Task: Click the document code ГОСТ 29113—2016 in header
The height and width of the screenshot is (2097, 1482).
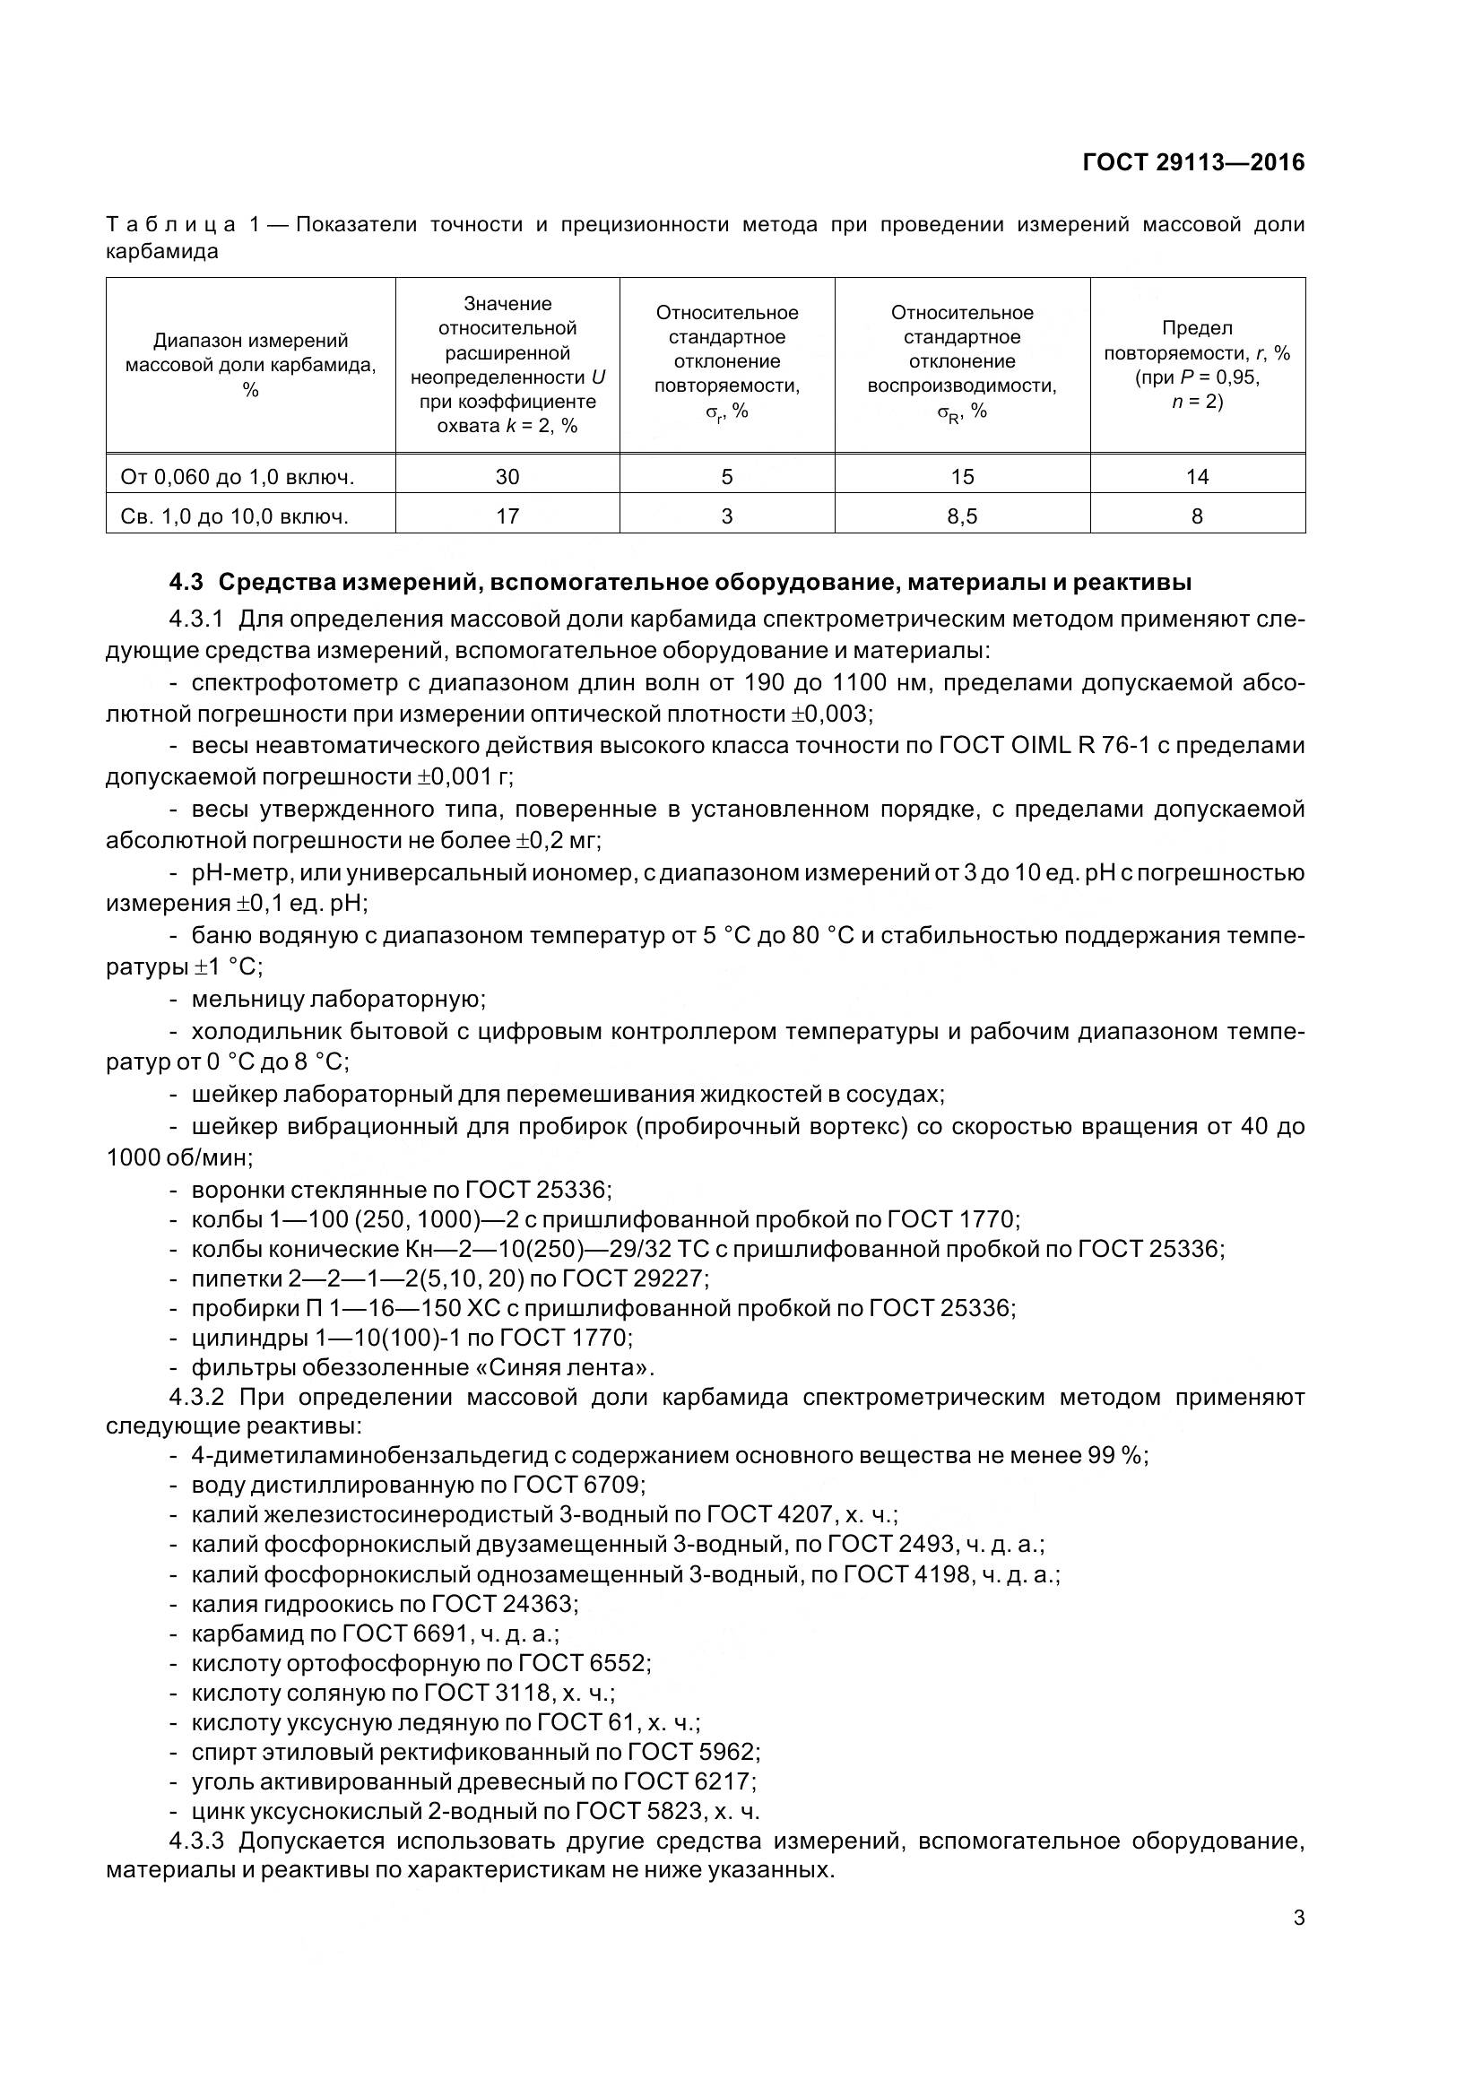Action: [x=1192, y=162]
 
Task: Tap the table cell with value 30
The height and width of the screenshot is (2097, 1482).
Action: [x=507, y=477]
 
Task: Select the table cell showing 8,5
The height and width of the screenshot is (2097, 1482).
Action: [x=961, y=517]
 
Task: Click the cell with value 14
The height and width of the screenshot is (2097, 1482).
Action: [x=1196, y=477]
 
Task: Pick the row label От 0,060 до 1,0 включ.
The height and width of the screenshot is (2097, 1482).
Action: [x=238, y=477]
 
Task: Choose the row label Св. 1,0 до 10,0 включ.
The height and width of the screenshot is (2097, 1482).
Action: [x=235, y=517]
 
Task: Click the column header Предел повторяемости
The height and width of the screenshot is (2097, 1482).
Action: [x=1196, y=364]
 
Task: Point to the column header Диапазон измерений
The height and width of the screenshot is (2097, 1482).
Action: [x=250, y=364]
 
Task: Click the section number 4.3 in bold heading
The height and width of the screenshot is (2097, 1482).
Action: [x=187, y=583]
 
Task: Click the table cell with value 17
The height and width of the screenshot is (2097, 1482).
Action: [x=507, y=517]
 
